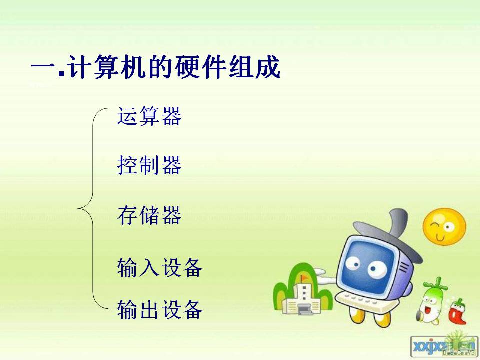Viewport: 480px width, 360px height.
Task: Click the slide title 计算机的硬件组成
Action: [x=173, y=67]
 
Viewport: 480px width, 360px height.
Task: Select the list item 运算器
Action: [x=149, y=116]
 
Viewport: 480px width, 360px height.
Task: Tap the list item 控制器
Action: [x=149, y=165]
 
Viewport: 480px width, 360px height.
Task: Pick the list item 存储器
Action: [x=149, y=215]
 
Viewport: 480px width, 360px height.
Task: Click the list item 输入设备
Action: [x=160, y=268]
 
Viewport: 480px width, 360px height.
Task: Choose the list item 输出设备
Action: [x=160, y=310]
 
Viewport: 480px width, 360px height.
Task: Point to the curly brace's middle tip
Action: [x=78, y=208]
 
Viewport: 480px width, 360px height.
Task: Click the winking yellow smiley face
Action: [x=444, y=227]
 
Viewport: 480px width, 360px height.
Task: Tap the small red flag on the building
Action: [x=303, y=278]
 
